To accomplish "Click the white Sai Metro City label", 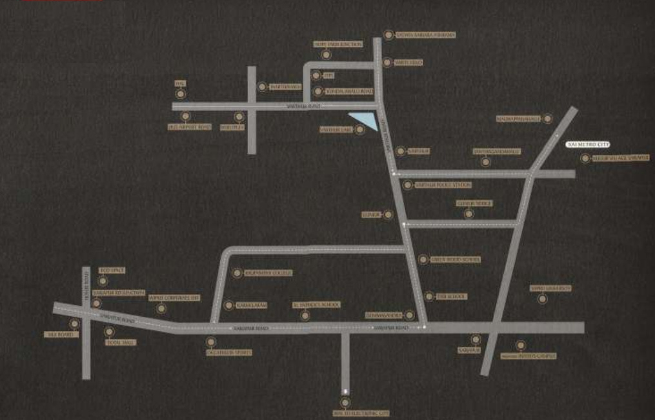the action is tap(587, 145).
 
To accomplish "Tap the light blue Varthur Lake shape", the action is tap(364, 121).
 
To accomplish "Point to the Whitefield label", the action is tap(411, 63).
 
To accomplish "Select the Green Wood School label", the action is tap(458, 259).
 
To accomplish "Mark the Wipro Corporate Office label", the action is tap(174, 298).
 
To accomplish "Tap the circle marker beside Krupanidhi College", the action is tap(236, 273).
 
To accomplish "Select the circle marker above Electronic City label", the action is tap(346, 403).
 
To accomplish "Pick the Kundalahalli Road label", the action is tap(349, 92).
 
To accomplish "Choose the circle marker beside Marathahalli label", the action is tap(262, 86).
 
